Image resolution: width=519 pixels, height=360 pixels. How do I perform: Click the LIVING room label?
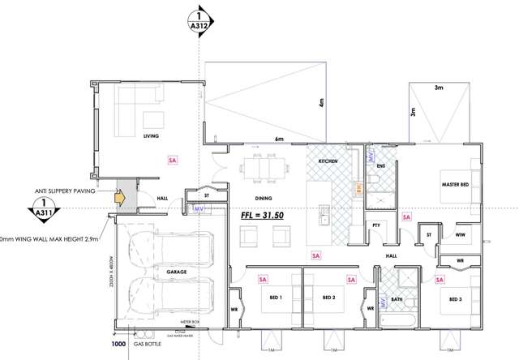point(151,137)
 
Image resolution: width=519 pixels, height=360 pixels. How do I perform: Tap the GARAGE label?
point(178,272)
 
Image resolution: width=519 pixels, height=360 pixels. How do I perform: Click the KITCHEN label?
point(328,162)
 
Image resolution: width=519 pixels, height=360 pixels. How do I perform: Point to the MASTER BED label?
point(456,185)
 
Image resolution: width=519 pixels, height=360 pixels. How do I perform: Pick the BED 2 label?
point(328,298)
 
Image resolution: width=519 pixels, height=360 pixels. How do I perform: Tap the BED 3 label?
point(455,298)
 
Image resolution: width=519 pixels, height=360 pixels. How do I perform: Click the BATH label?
point(397,298)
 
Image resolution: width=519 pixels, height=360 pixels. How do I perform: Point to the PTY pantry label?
point(376,225)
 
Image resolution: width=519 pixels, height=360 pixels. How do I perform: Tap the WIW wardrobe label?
point(460,235)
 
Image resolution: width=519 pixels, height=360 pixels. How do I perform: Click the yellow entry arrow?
point(120,196)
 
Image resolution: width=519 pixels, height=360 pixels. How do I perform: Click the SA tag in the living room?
point(171,161)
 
